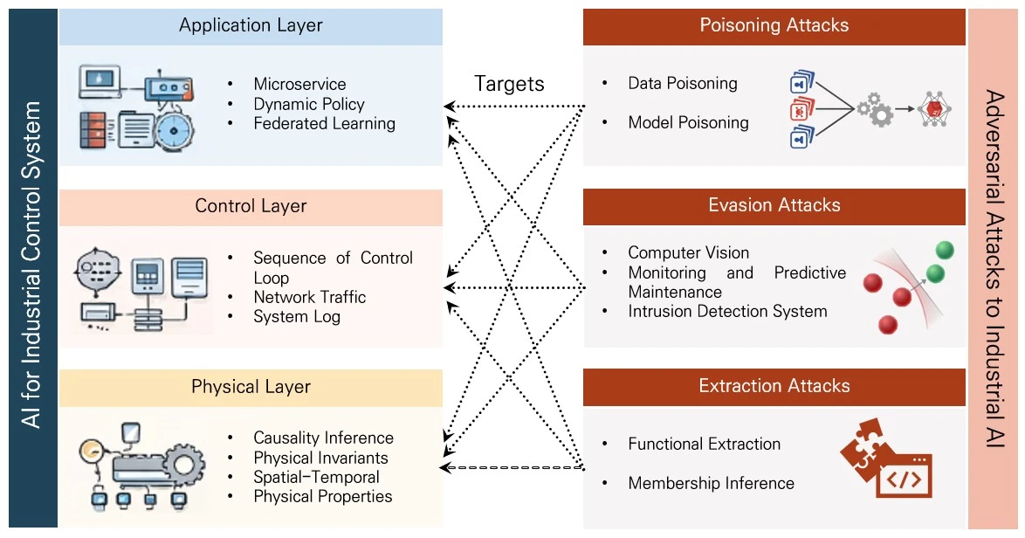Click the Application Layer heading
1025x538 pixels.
(251, 25)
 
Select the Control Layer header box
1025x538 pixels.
(251, 207)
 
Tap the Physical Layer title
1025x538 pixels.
(251, 387)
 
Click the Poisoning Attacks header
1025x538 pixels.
(774, 25)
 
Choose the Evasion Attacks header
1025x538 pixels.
(774, 205)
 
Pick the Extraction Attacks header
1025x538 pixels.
(774, 386)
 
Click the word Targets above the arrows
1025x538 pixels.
(509, 84)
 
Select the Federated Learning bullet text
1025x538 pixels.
(324, 124)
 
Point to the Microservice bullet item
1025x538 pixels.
(299, 85)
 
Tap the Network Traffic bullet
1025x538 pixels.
(309, 297)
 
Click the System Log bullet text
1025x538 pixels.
(296, 317)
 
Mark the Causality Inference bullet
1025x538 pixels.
(323, 438)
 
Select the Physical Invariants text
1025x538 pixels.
(320, 458)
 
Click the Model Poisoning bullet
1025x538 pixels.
(688, 123)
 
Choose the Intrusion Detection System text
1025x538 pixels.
(727, 311)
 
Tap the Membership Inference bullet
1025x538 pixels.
(711, 483)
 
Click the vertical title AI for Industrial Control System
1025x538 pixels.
(32, 266)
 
